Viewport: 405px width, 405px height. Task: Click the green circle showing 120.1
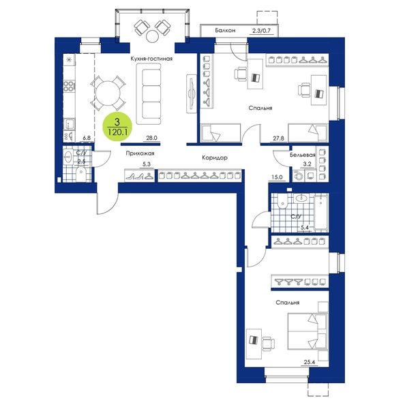click(117, 127)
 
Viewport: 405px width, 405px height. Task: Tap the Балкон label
click(225, 31)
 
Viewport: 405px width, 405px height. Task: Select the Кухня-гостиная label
click(151, 59)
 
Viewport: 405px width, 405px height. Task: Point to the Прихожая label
click(140, 153)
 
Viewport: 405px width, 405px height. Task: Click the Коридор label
click(215, 157)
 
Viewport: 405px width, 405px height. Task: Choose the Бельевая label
click(303, 155)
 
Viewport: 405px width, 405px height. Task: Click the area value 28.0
click(151, 138)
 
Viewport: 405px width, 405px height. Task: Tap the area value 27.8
click(278, 138)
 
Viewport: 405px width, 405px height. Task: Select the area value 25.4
click(309, 362)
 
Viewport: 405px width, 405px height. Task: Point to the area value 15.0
click(277, 177)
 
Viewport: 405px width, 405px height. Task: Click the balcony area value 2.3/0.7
click(261, 31)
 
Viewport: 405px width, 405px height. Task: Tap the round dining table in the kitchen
click(108, 93)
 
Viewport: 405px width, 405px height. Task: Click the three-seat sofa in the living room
click(149, 94)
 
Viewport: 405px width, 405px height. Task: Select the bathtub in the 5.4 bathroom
click(321, 213)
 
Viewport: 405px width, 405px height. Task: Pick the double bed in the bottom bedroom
click(307, 331)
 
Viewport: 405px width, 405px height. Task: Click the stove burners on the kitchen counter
click(69, 86)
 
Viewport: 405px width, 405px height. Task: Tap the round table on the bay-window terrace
click(153, 36)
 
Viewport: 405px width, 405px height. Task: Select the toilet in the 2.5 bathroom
click(80, 175)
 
